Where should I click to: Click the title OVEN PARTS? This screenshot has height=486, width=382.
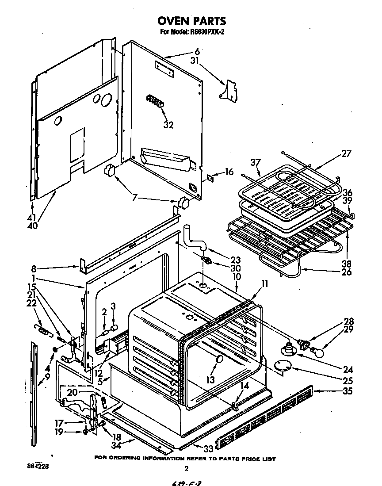[191, 21]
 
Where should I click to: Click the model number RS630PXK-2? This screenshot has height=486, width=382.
[202, 32]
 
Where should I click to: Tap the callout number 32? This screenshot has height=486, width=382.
[168, 125]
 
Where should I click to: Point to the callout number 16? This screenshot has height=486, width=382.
[229, 172]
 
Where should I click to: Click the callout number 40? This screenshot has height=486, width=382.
[32, 226]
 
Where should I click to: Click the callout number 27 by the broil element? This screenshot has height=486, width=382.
[346, 154]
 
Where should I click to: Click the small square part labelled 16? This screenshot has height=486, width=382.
[210, 178]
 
